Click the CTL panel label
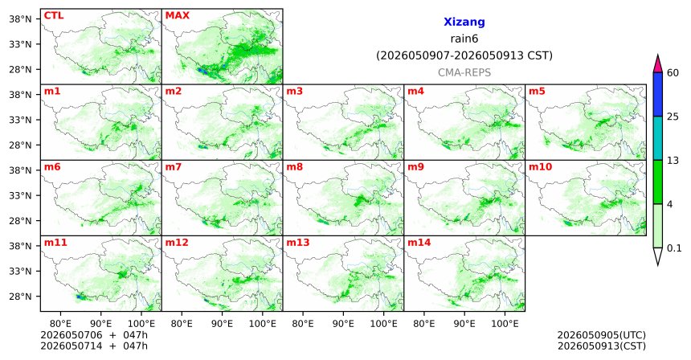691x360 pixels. click(x=54, y=15)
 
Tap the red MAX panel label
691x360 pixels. click(x=177, y=15)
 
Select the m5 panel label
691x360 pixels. click(x=537, y=92)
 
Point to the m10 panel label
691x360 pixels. click(x=540, y=167)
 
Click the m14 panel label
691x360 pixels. click(x=419, y=243)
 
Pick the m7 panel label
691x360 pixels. click(x=174, y=167)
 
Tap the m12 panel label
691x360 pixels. click(x=176, y=243)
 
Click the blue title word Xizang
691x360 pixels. click(x=464, y=22)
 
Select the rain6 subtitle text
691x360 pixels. click(x=464, y=39)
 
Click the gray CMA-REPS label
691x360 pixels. click(x=464, y=72)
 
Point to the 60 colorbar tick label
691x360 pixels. click(x=673, y=72)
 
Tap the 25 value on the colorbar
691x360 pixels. click(x=673, y=117)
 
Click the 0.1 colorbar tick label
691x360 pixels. click(x=674, y=248)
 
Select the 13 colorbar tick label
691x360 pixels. click(x=673, y=161)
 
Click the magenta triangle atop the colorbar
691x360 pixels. click(x=658, y=64)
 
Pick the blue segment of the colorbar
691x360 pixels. click(x=658, y=94)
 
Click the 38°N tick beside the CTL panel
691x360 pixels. click(x=20, y=19)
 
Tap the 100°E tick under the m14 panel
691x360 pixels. click(x=505, y=324)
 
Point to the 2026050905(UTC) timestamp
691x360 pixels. click(x=602, y=335)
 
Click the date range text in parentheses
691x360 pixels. click(x=464, y=56)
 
